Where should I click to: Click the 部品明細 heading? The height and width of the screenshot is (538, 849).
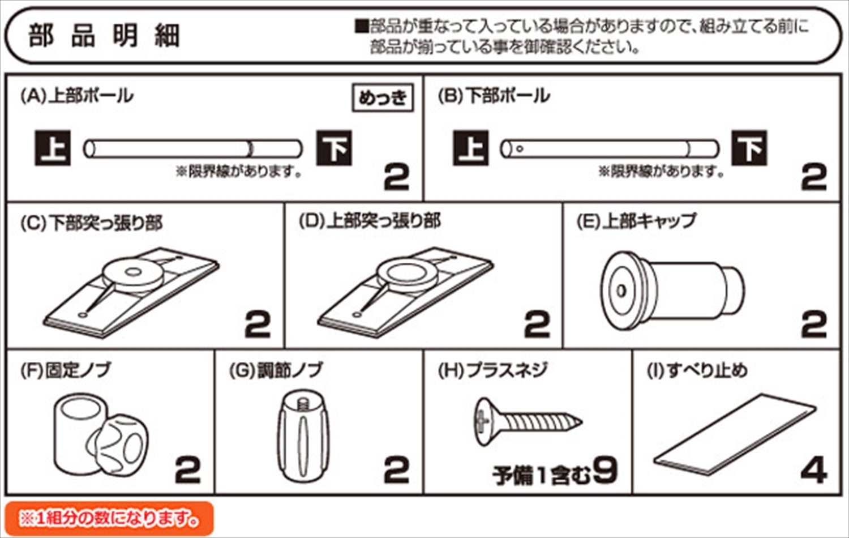click(x=104, y=36)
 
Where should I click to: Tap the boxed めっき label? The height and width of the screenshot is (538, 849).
click(x=383, y=98)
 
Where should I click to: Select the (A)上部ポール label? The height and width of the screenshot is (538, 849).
click(x=77, y=96)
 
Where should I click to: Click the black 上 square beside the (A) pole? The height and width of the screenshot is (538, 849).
click(x=53, y=148)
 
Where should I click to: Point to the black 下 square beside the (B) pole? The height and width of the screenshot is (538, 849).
click(x=749, y=148)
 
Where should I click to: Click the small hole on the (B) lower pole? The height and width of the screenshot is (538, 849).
click(x=520, y=148)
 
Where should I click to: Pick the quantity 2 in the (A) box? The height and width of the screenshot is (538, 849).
click(x=397, y=177)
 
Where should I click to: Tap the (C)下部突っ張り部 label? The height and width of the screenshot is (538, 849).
click(x=91, y=222)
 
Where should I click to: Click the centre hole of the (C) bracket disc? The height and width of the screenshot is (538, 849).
click(x=132, y=272)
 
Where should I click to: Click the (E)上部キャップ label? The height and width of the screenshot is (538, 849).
click(x=637, y=221)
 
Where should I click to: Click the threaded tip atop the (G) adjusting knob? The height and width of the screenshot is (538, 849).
click(x=303, y=404)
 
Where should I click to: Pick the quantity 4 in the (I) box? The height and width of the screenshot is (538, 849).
click(x=814, y=471)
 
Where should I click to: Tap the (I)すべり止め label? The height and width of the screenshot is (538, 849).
click(x=697, y=370)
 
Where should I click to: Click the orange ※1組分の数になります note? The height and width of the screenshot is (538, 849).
click(x=109, y=518)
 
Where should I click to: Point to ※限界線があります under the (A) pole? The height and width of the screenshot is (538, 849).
click(x=239, y=172)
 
